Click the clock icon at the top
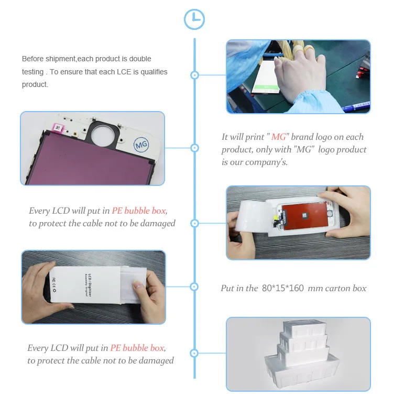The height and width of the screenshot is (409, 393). [x=194, y=19]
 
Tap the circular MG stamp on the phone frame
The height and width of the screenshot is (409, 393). [x=141, y=144]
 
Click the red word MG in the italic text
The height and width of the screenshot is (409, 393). [x=279, y=137]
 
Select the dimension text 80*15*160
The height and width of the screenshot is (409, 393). [x=283, y=288]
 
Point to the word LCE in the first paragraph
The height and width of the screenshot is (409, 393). [x=124, y=72]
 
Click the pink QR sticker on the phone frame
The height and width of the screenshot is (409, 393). [x=58, y=128]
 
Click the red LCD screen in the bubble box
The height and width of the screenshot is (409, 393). [x=304, y=216]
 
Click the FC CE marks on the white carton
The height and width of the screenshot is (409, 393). [x=54, y=285]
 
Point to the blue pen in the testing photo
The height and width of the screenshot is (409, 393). [x=357, y=106]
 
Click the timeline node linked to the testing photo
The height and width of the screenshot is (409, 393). [x=194, y=75]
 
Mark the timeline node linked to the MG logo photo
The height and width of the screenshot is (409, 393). [x=194, y=148]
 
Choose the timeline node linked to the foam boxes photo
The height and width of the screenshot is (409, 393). [x=194, y=353]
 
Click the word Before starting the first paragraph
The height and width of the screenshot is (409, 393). [x=33, y=59]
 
